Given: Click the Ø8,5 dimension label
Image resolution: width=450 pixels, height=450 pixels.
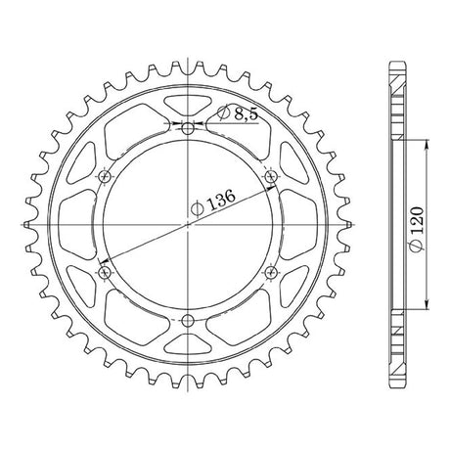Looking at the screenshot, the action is point(238,113).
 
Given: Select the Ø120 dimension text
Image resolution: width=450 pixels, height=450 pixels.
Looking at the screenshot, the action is point(417,229).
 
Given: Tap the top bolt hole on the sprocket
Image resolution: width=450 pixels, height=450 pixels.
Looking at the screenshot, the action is point(188,129).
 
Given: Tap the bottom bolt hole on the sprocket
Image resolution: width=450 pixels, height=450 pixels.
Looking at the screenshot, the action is point(188,321).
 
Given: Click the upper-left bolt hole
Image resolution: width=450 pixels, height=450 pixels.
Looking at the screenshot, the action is point(105,177).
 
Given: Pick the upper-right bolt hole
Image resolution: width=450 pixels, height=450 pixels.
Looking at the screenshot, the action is point(271,177).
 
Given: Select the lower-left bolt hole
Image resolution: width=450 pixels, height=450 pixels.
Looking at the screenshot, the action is point(105,272).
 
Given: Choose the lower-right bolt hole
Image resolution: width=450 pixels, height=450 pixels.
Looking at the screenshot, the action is point(271,272).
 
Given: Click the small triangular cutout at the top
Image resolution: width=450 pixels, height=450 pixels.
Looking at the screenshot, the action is point(188,105).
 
